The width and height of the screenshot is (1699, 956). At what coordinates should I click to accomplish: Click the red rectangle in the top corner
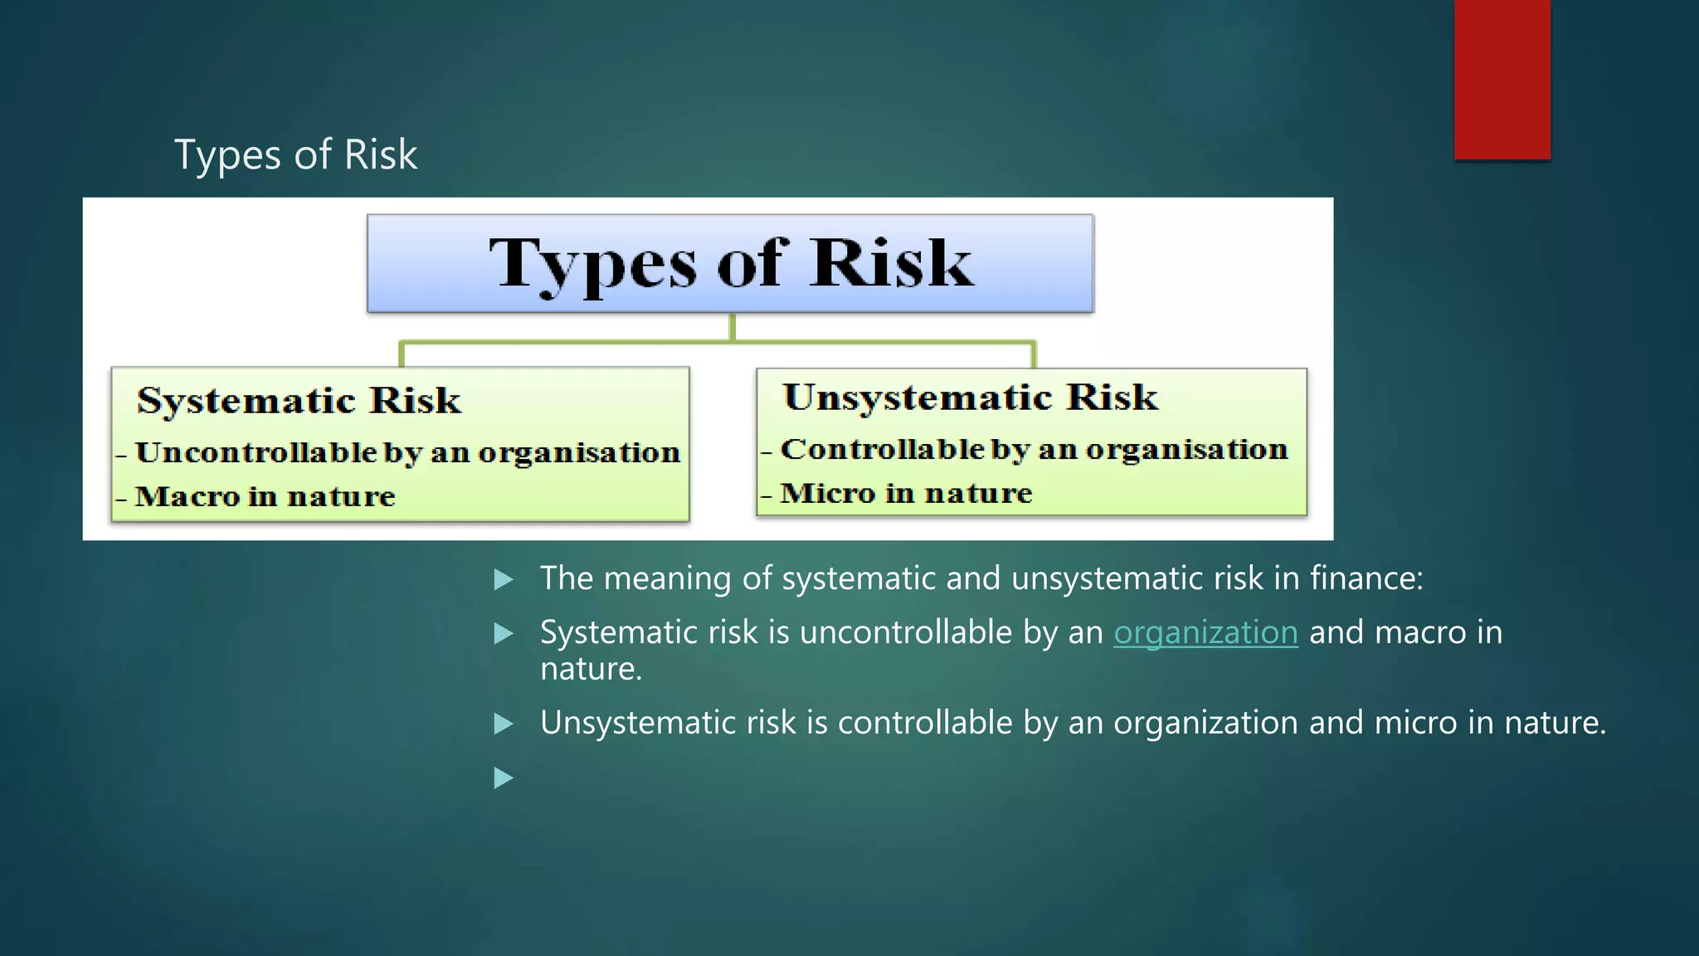(1502, 80)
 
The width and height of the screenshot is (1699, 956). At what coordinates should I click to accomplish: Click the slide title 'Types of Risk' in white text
(295, 155)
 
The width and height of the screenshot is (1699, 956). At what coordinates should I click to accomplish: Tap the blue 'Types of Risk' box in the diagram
(730, 264)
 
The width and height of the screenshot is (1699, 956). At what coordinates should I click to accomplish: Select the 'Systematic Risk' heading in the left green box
(299, 401)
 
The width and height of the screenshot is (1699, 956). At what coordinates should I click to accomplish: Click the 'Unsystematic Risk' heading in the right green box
(970, 398)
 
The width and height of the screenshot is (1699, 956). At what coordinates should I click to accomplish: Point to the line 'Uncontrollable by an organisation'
(407, 453)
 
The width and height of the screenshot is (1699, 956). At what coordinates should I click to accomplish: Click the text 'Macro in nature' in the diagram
(265, 497)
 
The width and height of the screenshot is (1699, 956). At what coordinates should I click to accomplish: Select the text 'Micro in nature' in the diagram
(906, 494)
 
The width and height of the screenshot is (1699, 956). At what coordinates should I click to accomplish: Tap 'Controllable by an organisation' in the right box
(1034, 450)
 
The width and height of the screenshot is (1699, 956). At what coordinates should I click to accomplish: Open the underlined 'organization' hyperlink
(1205, 633)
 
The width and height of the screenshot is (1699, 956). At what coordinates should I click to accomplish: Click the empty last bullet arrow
(503, 778)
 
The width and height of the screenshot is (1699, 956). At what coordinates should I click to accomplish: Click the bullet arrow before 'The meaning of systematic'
(503, 579)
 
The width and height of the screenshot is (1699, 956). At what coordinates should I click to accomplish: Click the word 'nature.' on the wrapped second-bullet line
(591, 670)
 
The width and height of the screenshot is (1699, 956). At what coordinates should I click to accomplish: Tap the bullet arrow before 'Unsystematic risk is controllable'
(503, 724)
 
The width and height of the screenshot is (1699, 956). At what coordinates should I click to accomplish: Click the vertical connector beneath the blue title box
(732, 327)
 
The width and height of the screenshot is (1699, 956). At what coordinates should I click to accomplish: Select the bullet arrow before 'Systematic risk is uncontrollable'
(503, 634)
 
